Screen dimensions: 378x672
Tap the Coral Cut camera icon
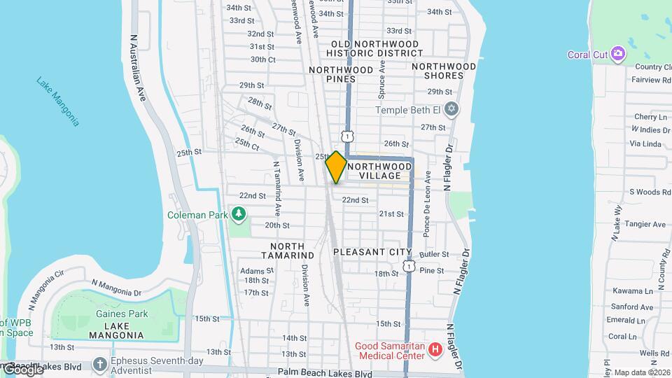tap(617, 54)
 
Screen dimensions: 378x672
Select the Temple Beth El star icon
tap(451, 110)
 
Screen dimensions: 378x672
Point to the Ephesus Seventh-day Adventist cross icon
tap(99, 365)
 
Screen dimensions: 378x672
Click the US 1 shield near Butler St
tap(409, 266)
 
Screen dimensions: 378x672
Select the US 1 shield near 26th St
tap(347, 135)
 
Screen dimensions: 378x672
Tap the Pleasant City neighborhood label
tap(372, 251)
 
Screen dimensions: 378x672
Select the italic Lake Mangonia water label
tap(58, 101)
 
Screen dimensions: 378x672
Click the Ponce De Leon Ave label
tap(426, 203)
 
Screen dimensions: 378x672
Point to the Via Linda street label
tap(645, 143)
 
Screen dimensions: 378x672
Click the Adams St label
tap(251, 270)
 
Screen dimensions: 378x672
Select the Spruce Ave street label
tap(382, 78)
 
